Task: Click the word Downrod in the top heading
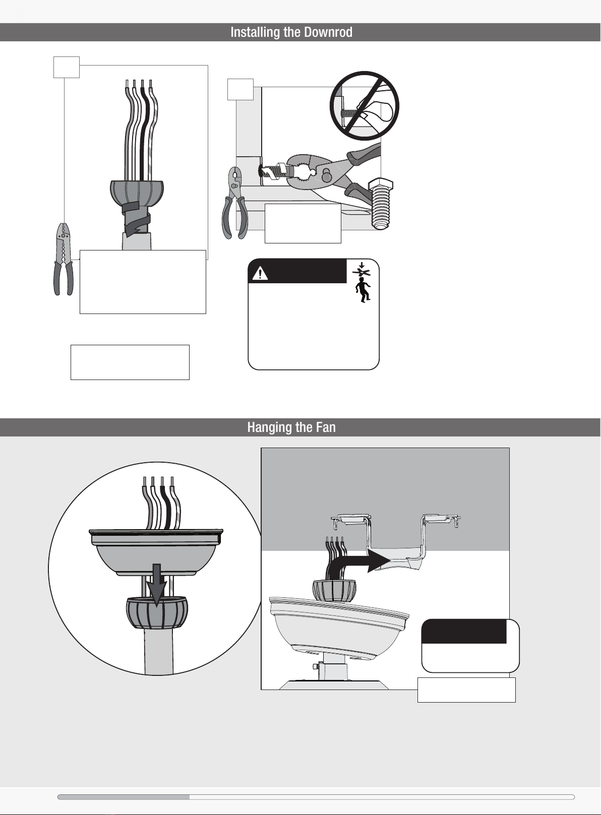328,32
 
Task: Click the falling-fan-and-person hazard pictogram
362,282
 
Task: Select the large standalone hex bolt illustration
380,204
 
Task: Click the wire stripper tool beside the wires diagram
64,259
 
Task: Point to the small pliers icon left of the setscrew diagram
235,203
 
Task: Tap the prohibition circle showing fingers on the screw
365,106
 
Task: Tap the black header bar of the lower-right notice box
464,631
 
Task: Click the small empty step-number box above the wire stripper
67,68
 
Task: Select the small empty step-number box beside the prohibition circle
241,89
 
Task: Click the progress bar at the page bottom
316,797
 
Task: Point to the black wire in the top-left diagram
143,131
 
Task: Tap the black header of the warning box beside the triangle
297,271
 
